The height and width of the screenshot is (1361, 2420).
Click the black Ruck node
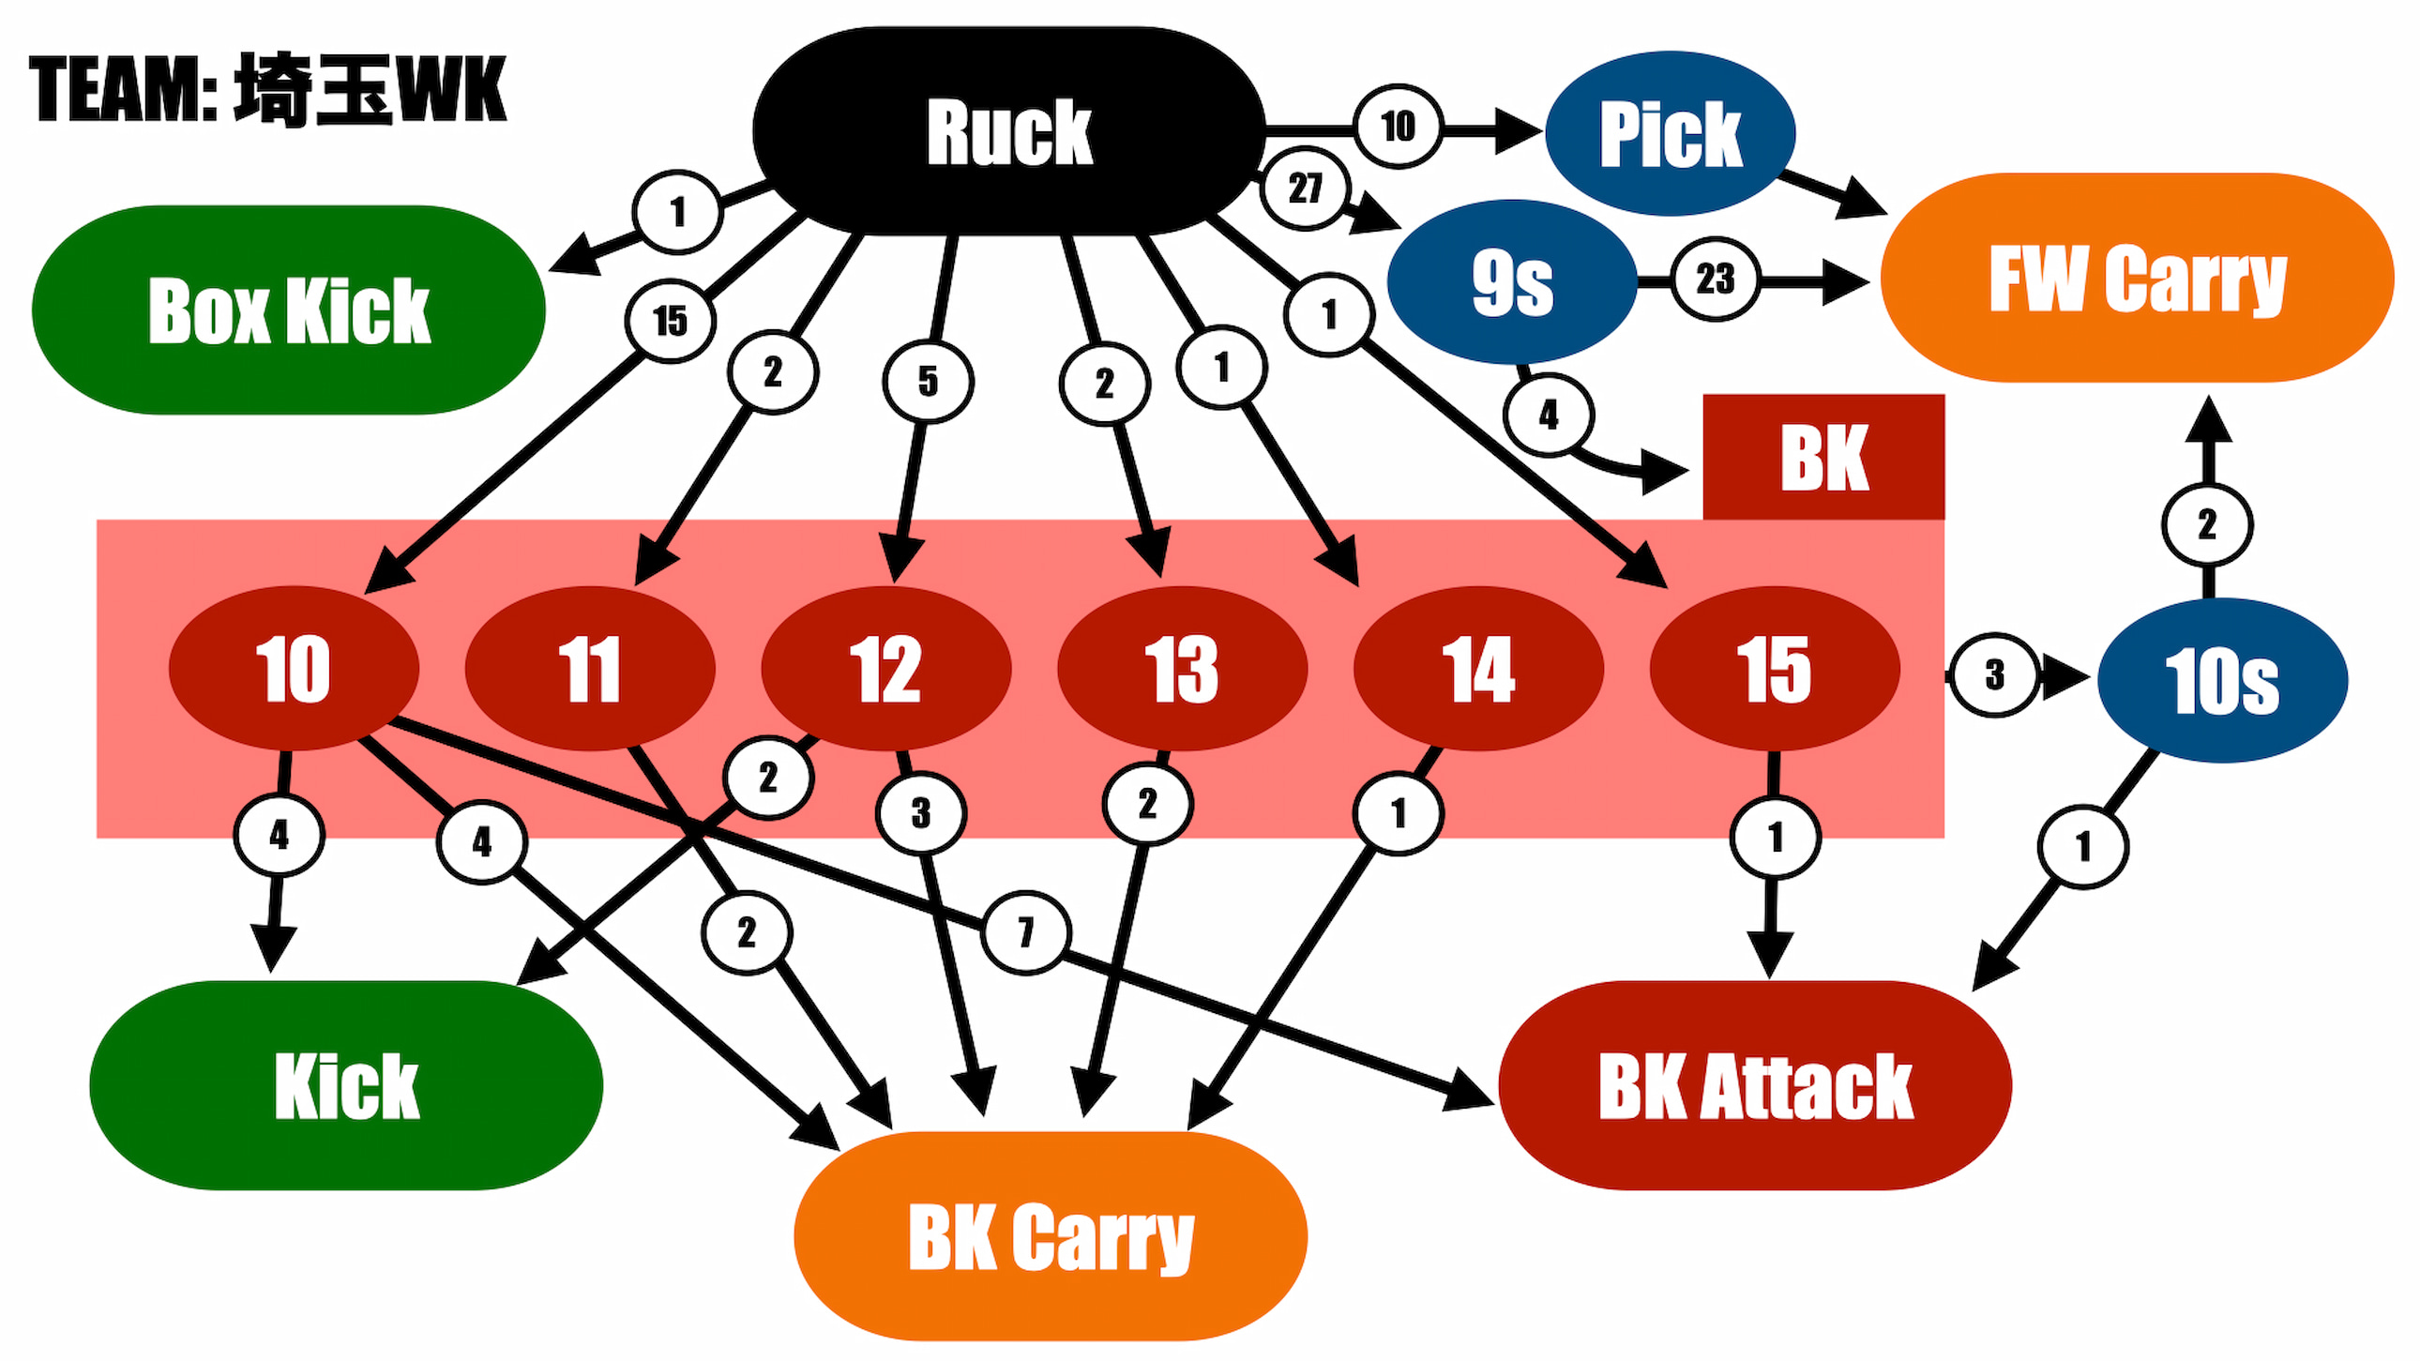click(x=1009, y=130)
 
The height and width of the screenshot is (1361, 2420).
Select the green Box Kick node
click(x=288, y=310)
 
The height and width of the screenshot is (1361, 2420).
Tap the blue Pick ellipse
click(x=1671, y=133)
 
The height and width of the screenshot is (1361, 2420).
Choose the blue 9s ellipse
click(x=1512, y=281)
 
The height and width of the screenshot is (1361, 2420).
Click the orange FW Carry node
click(x=2138, y=278)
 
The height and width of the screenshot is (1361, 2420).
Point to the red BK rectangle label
click(x=1823, y=457)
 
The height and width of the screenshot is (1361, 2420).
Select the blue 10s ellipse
click(x=2223, y=680)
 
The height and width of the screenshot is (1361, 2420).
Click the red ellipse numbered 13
click(x=1182, y=669)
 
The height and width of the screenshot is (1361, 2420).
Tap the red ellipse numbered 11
click(x=590, y=669)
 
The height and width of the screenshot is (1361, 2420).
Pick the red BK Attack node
click(x=1755, y=1085)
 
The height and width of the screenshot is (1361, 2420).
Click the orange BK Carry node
click(x=1051, y=1236)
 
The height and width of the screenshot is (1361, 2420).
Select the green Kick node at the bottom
click(x=346, y=1085)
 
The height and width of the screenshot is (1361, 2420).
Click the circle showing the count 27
click(x=1305, y=189)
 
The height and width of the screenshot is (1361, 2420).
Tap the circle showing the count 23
click(x=1716, y=279)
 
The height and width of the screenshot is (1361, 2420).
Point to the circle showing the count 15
click(x=670, y=321)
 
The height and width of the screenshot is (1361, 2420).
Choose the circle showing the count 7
click(x=1026, y=932)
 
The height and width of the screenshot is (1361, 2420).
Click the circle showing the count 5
click(x=929, y=382)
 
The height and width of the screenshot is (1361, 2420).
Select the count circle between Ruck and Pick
click(x=1398, y=126)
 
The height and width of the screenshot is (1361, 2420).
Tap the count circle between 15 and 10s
click(x=1993, y=674)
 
